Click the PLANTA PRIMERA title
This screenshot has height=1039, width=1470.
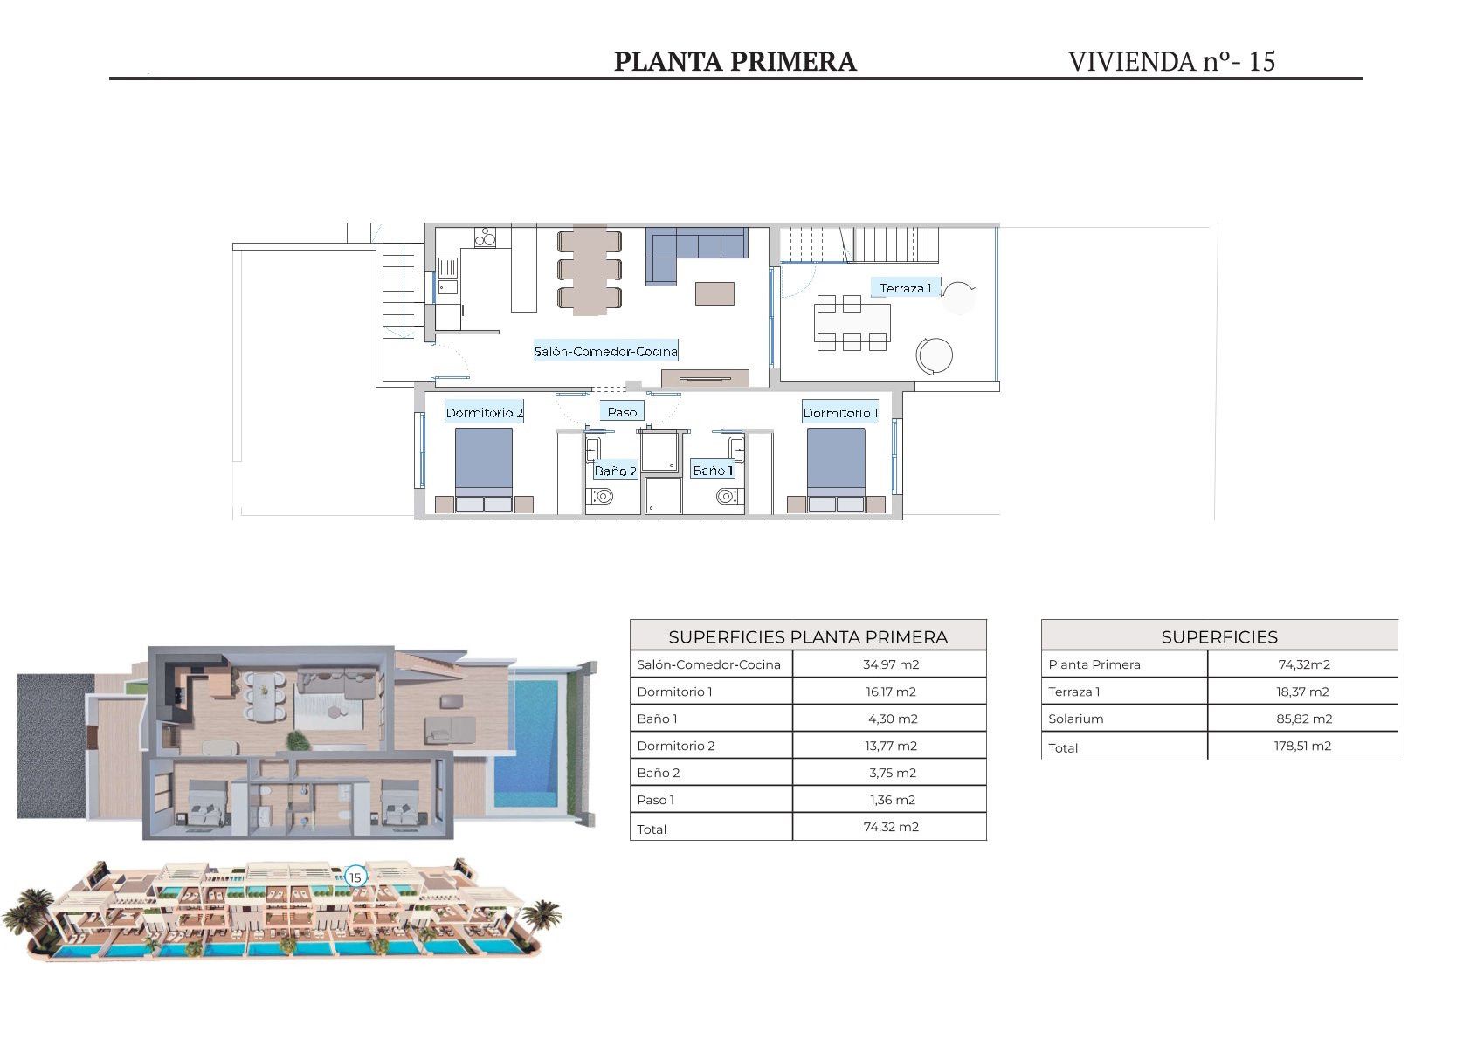[x=735, y=61]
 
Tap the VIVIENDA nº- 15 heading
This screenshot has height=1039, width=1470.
[x=1171, y=61]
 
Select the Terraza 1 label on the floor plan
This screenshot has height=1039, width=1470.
[x=905, y=288]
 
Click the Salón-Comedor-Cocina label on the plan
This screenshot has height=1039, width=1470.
[x=605, y=352]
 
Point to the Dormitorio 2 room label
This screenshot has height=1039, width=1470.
[x=484, y=413]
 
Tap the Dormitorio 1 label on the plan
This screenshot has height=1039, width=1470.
[x=840, y=413]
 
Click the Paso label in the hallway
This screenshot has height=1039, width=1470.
[x=622, y=412]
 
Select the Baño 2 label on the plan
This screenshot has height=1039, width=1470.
[x=615, y=471]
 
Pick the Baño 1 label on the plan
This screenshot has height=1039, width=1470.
[x=712, y=471]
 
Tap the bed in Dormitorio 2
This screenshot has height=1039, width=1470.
[x=484, y=470]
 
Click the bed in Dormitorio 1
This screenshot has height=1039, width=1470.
[x=836, y=470]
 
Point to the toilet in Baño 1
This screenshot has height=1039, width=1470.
[x=727, y=497]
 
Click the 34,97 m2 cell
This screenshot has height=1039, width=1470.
[x=891, y=664]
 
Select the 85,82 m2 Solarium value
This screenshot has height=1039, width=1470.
[x=1304, y=719]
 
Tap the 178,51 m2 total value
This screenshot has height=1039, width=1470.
[x=1302, y=746]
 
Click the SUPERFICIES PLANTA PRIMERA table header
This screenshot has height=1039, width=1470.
[x=808, y=636]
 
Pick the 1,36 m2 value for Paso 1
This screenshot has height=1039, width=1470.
[x=893, y=800]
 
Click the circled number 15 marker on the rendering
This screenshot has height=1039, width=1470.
[x=355, y=877]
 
